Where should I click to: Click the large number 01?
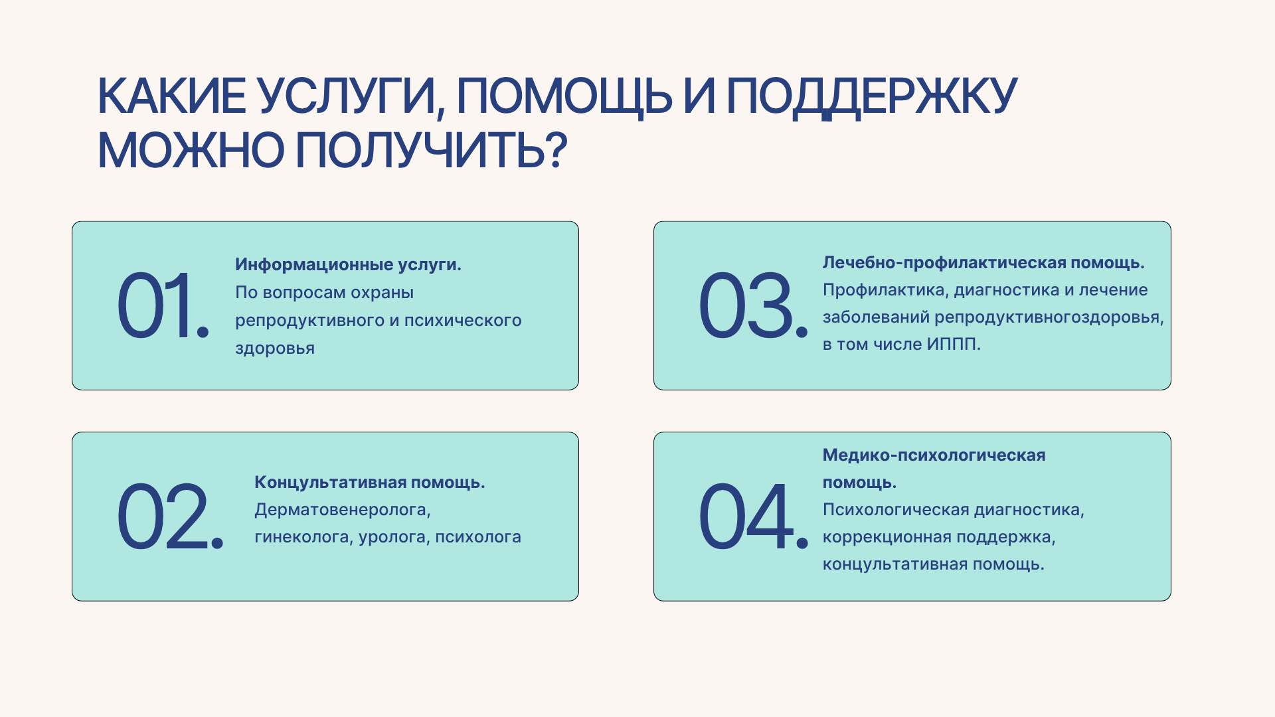(163, 305)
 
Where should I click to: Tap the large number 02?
(170, 517)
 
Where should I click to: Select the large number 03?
(753, 305)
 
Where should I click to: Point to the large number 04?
(753, 517)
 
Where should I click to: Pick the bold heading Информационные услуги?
(348, 265)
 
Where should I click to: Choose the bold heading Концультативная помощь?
(369, 483)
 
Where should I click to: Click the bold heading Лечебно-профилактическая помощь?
(983, 263)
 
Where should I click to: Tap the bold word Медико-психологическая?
(934, 455)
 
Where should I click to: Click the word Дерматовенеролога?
(343, 510)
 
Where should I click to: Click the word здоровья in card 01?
(275, 349)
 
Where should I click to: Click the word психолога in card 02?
(478, 538)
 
